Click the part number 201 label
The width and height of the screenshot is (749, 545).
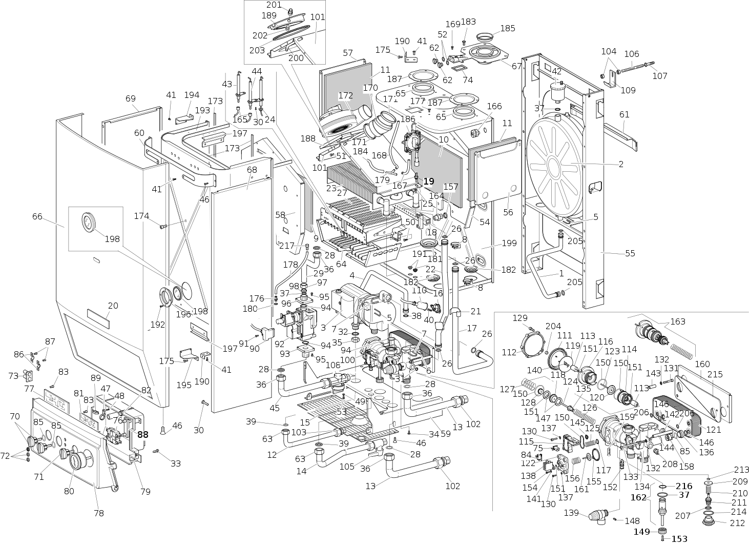coord(274,5)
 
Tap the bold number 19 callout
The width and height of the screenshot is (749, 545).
coord(428,181)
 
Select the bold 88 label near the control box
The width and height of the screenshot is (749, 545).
coord(142,434)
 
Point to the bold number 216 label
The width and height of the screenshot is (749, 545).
coord(683,486)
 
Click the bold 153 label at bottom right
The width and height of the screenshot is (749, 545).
coord(679,539)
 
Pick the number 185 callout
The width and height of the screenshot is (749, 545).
coord(507,28)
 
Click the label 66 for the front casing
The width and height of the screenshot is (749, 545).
coord(37,216)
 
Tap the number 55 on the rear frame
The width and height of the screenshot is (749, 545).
coord(630,253)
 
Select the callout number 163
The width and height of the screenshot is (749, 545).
coord(677,322)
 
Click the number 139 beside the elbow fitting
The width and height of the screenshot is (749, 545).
coord(571,513)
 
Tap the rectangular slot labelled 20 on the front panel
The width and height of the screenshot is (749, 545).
coord(98,319)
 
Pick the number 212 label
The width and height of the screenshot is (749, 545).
coord(738,523)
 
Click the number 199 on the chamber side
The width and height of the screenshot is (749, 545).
coord(509,243)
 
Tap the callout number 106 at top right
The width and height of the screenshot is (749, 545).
coord(632,54)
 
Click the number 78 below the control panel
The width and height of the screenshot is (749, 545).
coord(98,513)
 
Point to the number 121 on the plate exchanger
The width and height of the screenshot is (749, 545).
coord(714,429)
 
